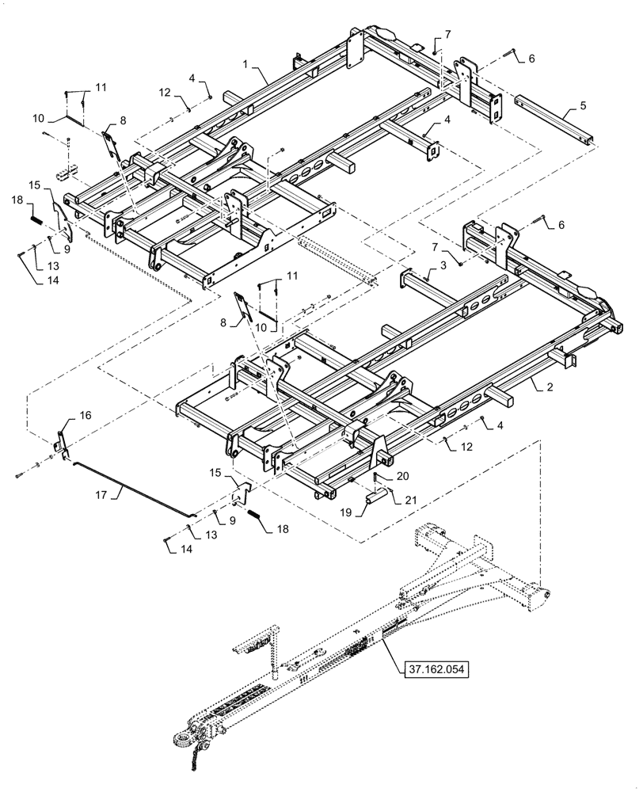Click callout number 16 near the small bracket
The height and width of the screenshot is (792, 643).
(86, 415)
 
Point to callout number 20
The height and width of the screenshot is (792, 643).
(403, 477)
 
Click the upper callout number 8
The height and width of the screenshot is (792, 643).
(122, 120)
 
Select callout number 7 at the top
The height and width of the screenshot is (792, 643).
(447, 35)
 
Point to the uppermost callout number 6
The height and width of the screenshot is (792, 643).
(531, 59)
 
